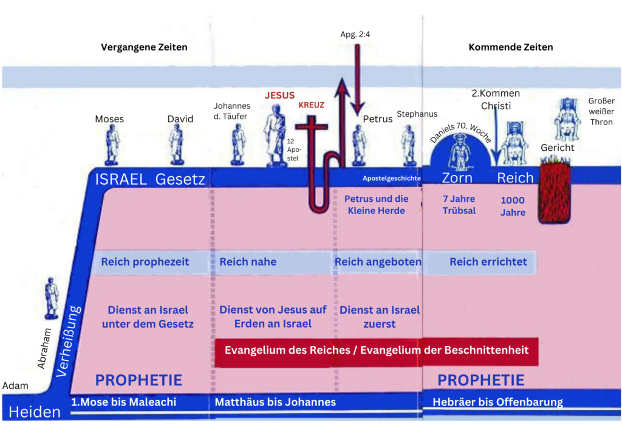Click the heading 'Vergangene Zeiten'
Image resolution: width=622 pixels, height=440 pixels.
point(144,47)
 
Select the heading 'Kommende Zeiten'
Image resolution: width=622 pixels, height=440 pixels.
point(510,47)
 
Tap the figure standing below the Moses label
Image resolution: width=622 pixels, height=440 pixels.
point(112,145)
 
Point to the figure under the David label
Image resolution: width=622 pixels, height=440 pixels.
point(177,145)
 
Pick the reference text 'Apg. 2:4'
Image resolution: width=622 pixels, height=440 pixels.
point(355,35)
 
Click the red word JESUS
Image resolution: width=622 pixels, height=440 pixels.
point(279,95)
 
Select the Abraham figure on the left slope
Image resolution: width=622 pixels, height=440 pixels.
point(51,298)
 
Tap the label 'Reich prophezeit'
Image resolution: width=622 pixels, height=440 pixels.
point(145,262)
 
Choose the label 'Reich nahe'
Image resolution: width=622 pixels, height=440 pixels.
point(248,262)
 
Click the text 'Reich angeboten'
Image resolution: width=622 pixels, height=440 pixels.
point(378,262)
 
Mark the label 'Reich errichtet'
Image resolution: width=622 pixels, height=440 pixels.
point(488,262)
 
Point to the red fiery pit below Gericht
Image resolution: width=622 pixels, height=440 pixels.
point(555,190)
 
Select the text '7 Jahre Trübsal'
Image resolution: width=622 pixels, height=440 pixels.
point(459,205)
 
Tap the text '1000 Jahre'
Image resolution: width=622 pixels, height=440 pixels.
point(513,206)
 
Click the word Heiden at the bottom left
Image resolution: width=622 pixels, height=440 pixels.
point(35,412)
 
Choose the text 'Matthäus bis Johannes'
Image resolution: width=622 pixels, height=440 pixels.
point(275,402)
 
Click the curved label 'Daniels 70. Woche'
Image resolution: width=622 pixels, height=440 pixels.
point(461,132)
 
